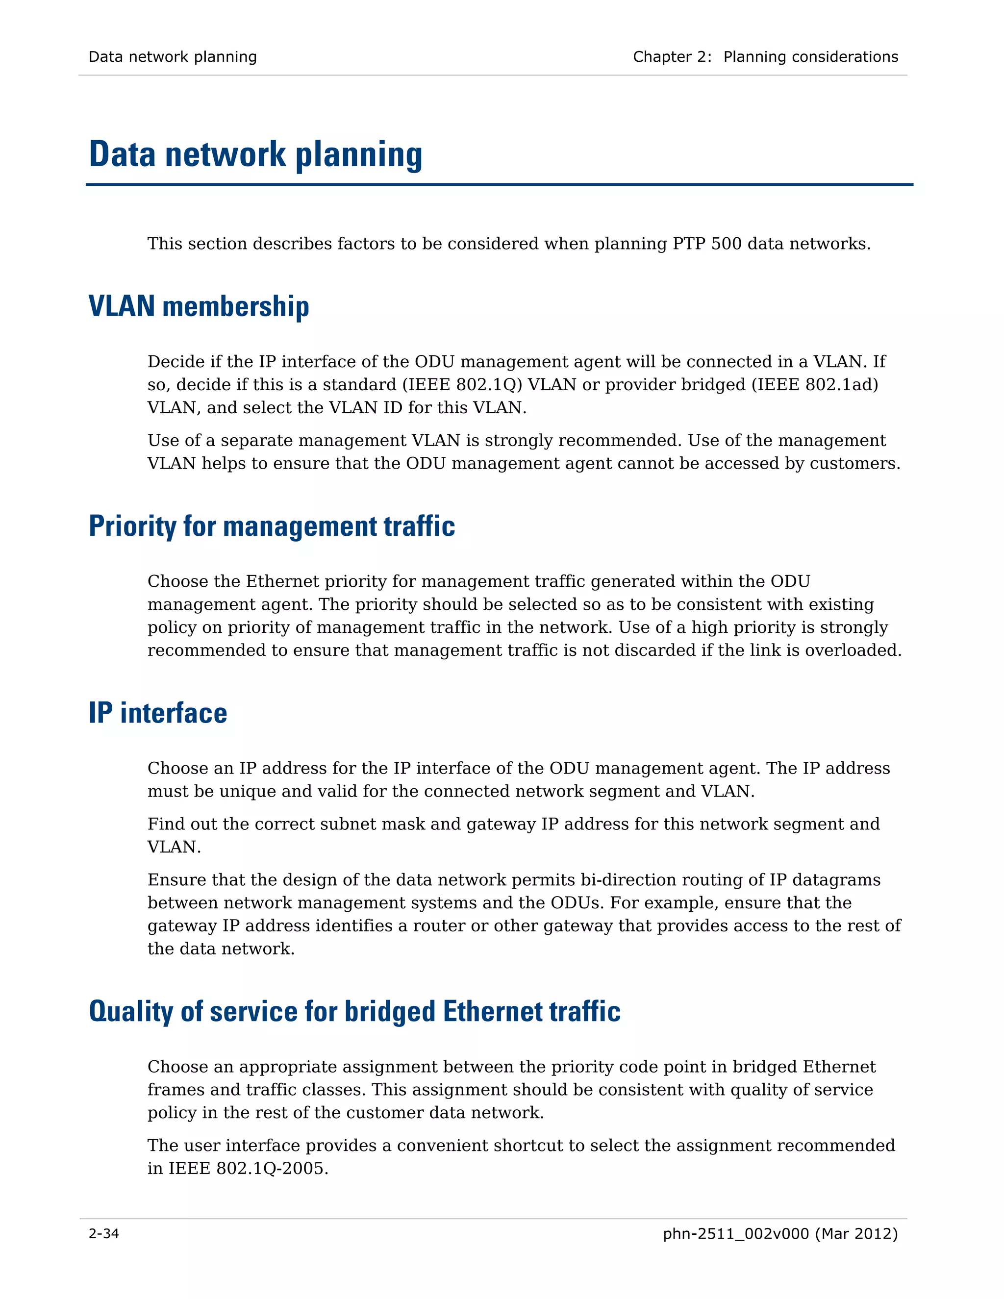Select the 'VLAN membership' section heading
point(199,307)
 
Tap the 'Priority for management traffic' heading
point(272,526)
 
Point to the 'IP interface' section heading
point(158,713)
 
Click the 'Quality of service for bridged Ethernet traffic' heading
point(354,1012)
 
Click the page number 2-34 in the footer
point(103,1234)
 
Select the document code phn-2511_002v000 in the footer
point(736,1234)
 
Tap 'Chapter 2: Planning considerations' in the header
point(765,57)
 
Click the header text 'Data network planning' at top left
point(173,57)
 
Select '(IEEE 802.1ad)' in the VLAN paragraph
point(815,385)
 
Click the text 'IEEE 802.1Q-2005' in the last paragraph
point(247,1169)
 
